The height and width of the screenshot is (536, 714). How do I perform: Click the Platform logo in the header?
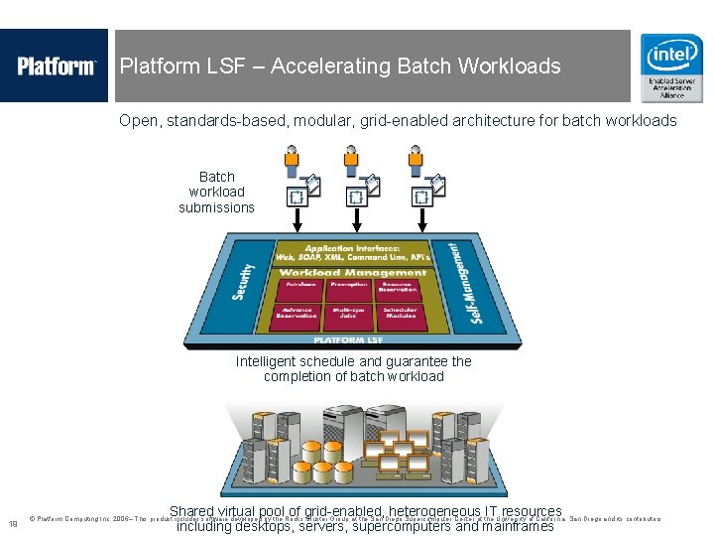click(x=56, y=67)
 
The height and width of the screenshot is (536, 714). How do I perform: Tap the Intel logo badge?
click(x=671, y=67)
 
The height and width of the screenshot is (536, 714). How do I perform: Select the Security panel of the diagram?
click(x=244, y=281)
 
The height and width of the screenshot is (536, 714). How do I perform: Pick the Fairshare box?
click(x=300, y=288)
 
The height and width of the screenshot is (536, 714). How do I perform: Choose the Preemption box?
click(x=349, y=288)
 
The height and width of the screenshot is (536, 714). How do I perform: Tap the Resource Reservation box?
click(x=397, y=288)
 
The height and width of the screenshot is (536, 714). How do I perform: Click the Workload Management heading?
click(x=352, y=273)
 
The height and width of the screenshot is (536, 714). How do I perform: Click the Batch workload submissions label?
click(x=216, y=193)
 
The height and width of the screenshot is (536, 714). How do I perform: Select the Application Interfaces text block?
click(x=353, y=252)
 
